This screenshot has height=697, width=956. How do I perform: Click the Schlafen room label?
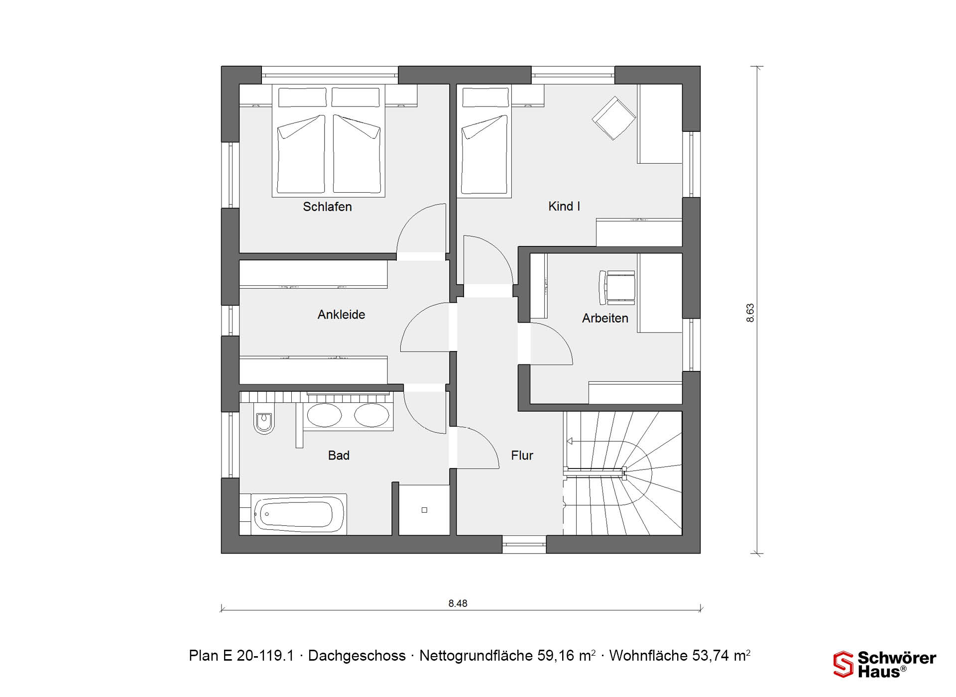point(327,207)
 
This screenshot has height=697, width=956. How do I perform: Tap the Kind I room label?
point(564,206)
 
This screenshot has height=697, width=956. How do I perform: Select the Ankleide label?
point(341,315)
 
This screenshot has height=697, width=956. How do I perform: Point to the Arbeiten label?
point(605,318)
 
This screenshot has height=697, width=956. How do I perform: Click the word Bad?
point(339,456)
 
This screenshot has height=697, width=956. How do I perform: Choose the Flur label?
point(522,456)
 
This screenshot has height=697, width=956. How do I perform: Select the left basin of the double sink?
point(324,415)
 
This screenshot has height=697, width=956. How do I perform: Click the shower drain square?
point(424,510)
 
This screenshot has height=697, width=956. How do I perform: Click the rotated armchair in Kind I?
point(614,118)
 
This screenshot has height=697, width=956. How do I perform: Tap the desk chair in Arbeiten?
point(617,288)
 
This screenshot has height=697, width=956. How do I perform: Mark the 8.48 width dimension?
point(458,603)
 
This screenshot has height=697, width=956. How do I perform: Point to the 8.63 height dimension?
point(750,313)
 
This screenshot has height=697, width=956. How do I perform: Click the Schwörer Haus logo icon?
point(843,664)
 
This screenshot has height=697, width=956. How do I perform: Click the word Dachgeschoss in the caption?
point(357,656)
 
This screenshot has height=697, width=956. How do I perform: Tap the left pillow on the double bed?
point(303,97)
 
